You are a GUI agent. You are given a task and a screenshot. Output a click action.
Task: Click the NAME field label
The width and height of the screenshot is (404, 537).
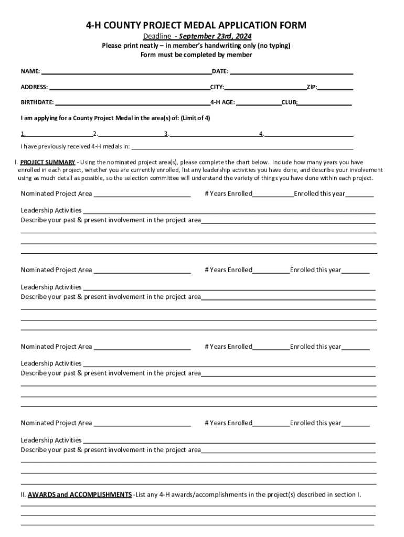point(30,71)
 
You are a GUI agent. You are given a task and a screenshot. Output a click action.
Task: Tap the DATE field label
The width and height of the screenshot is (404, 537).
point(220,71)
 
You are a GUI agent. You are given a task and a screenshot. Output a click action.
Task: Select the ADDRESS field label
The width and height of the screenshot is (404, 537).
point(34,87)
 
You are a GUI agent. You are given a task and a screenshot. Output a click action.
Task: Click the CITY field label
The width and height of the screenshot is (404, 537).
point(217,87)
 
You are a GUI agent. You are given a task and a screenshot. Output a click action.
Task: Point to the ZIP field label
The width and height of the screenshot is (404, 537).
point(312,87)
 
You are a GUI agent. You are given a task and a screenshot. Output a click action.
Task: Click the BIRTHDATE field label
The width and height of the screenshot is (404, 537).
point(37,102)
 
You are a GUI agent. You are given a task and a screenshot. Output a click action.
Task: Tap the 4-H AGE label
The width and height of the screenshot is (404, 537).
point(222,102)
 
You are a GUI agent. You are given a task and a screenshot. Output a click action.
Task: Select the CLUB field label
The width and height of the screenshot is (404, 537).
point(289,102)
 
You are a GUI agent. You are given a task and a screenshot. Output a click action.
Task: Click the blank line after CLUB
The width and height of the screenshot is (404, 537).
point(325,104)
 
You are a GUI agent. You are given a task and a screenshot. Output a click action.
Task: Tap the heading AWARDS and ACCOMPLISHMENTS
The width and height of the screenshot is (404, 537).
point(80,495)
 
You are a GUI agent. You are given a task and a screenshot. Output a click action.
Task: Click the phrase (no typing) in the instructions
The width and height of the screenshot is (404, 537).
point(272,46)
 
